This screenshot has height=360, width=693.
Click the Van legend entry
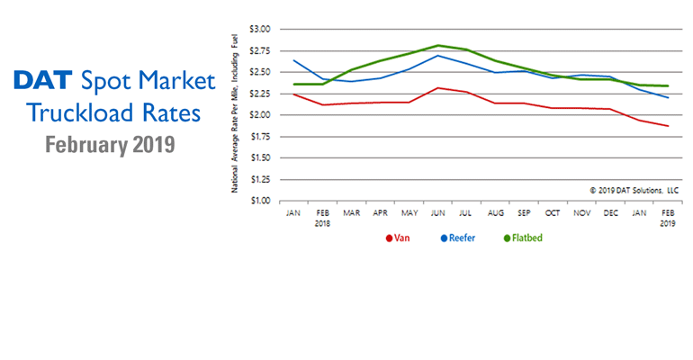click(397, 238)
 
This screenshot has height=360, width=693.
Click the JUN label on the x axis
click(438, 214)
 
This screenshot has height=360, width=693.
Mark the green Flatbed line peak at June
click(438, 45)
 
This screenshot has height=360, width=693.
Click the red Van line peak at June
click(438, 87)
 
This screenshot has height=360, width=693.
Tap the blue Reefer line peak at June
click(438, 55)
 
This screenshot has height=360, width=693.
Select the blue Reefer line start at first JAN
click(294, 60)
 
